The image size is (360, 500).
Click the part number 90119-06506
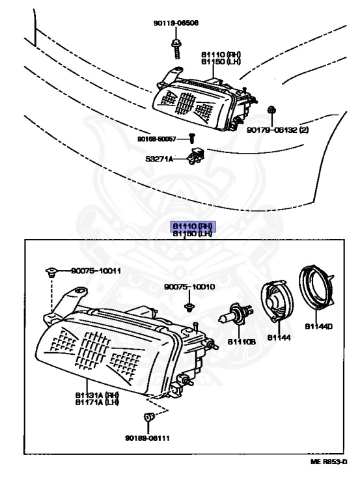pyautogui.click(x=176, y=23)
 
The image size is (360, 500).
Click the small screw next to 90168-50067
pyautogui.click(x=192, y=137)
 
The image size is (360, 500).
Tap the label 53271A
pyautogui.click(x=159, y=158)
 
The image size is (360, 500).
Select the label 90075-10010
pyautogui.click(x=189, y=286)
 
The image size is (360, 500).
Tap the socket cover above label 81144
pyautogui.click(x=278, y=302)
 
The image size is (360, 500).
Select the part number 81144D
pyautogui.click(x=318, y=326)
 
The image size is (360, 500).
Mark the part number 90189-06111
pyautogui.click(x=147, y=437)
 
